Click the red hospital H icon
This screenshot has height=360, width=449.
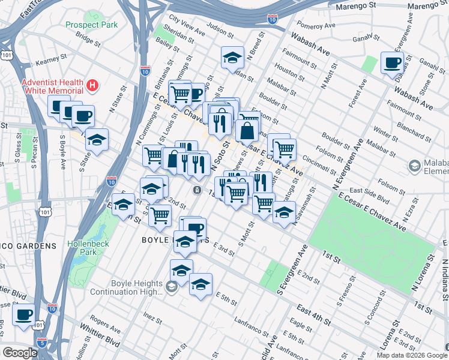(92, 86)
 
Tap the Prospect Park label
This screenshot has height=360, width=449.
(92, 25)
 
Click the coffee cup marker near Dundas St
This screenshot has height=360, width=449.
(392, 62)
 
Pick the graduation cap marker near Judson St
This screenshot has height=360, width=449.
(232, 58)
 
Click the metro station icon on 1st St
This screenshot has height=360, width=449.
(197, 190)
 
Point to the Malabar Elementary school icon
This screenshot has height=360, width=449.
(414, 165)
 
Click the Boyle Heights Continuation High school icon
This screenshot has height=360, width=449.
(171, 287)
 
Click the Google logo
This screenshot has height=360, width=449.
(19, 353)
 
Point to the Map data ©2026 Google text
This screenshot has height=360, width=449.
(411, 355)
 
